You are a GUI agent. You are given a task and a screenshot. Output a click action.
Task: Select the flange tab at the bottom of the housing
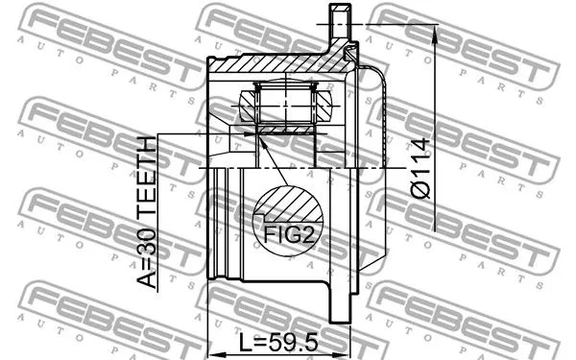point(341,302)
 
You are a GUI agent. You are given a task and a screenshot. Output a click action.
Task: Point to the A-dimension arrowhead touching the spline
point(252,136)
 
